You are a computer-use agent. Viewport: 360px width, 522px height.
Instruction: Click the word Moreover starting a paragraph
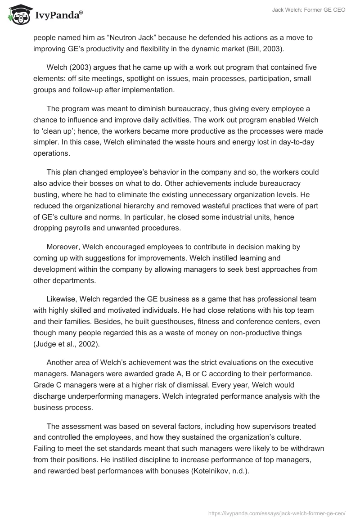click(x=63, y=247)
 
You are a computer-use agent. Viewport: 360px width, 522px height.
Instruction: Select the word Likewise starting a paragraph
click(x=61, y=299)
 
